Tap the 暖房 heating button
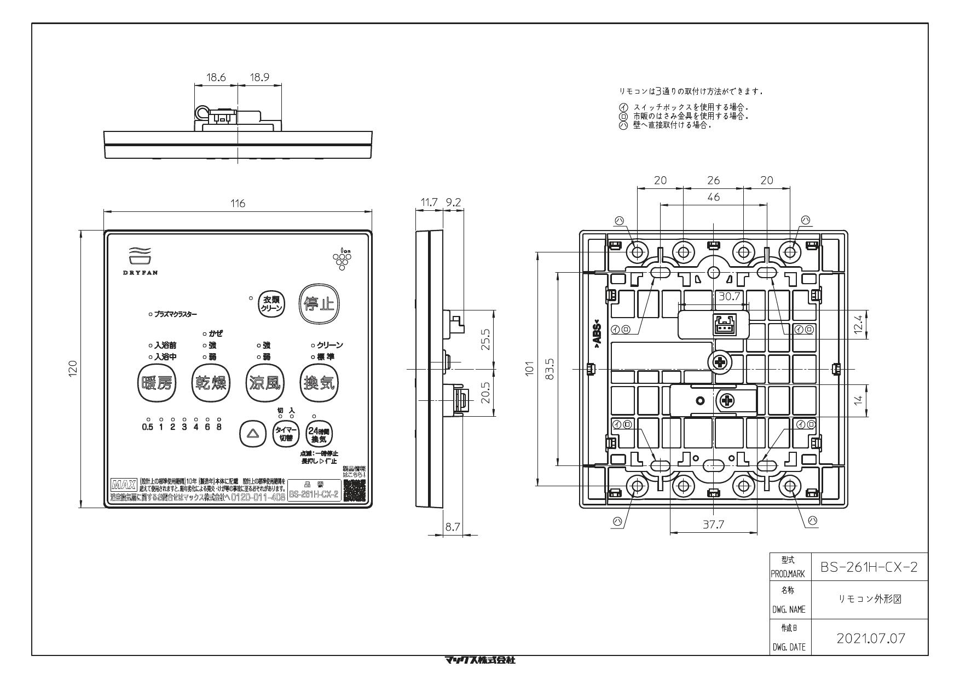[x=156, y=383]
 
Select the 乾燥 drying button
[x=211, y=383]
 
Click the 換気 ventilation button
[x=319, y=383]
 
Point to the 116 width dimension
[x=238, y=204]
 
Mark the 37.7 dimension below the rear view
[x=713, y=525]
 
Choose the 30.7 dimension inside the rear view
[x=729, y=296]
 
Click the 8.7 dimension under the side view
[x=452, y=527]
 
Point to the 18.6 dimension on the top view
[x=216, y=77]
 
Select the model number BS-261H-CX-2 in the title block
[x=869, y=567]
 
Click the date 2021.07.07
[x=871, y=638]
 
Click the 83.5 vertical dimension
[x=550, y=369]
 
